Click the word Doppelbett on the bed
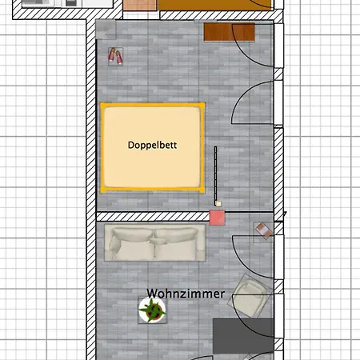pos(152,146)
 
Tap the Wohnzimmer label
pos(186,294)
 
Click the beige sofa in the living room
pos(156,244)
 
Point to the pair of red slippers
pos(116,56)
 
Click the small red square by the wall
pos(217,217)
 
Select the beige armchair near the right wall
pos(249,300)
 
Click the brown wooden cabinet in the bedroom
pos(229,33)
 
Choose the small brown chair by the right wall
pos(264,230)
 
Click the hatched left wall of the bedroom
pos(90,120)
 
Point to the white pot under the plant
pos(151,317)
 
